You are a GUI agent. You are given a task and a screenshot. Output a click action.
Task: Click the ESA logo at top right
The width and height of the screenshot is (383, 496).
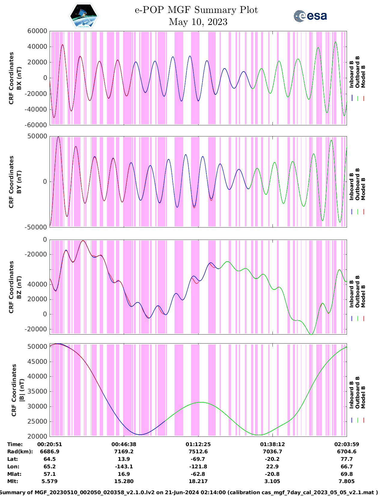pos(310,16)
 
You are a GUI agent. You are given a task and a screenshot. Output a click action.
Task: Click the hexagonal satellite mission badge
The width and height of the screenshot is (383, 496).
pos(84,16)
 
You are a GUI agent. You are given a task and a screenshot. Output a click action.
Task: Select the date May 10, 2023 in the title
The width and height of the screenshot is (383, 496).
pos(198,22)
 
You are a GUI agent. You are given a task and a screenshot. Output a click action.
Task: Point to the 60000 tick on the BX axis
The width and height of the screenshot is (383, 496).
pos(37,31)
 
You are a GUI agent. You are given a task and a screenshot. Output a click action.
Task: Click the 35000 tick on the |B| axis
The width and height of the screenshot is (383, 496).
pos(37,391)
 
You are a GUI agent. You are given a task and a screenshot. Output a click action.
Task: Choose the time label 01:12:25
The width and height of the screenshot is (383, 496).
pos(198,444)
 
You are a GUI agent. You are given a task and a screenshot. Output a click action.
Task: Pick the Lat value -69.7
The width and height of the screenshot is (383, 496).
pos(198,459)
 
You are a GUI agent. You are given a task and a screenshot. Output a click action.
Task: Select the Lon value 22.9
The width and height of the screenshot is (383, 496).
pos(272,467)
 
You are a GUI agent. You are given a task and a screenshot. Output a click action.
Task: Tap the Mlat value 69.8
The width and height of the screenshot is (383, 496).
pos(347,474)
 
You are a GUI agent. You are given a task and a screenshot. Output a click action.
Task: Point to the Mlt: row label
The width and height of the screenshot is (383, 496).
pos(13,481)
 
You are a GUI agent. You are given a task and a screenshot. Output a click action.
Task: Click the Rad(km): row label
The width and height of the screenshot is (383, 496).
pos(20,452)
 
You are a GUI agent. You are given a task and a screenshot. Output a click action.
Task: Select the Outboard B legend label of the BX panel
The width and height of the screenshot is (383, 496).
pos(357,72)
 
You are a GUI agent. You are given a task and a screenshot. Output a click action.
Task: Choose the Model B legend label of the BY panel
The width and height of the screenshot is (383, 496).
pos(363,189)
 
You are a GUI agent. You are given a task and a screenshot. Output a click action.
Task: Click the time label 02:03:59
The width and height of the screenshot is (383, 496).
pos(347,444)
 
